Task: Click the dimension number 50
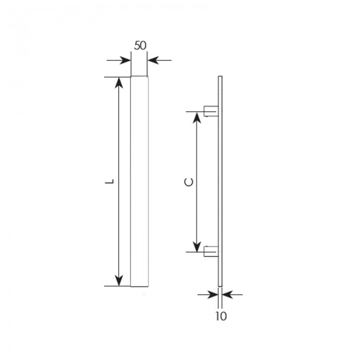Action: [x=140, y=45]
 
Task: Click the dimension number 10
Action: [x=221, y=316]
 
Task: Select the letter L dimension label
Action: [x=110, y=181]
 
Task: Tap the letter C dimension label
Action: [x=189, y=182]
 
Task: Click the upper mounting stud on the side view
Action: [x=211, y=111]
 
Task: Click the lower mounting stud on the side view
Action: [x=211, y=251]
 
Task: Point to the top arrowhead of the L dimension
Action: [x=119, y=83]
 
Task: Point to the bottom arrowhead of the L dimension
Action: [x=119, y=280]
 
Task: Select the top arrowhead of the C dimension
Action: [x=197, y=118]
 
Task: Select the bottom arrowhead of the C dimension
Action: [x=197, y=246]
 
